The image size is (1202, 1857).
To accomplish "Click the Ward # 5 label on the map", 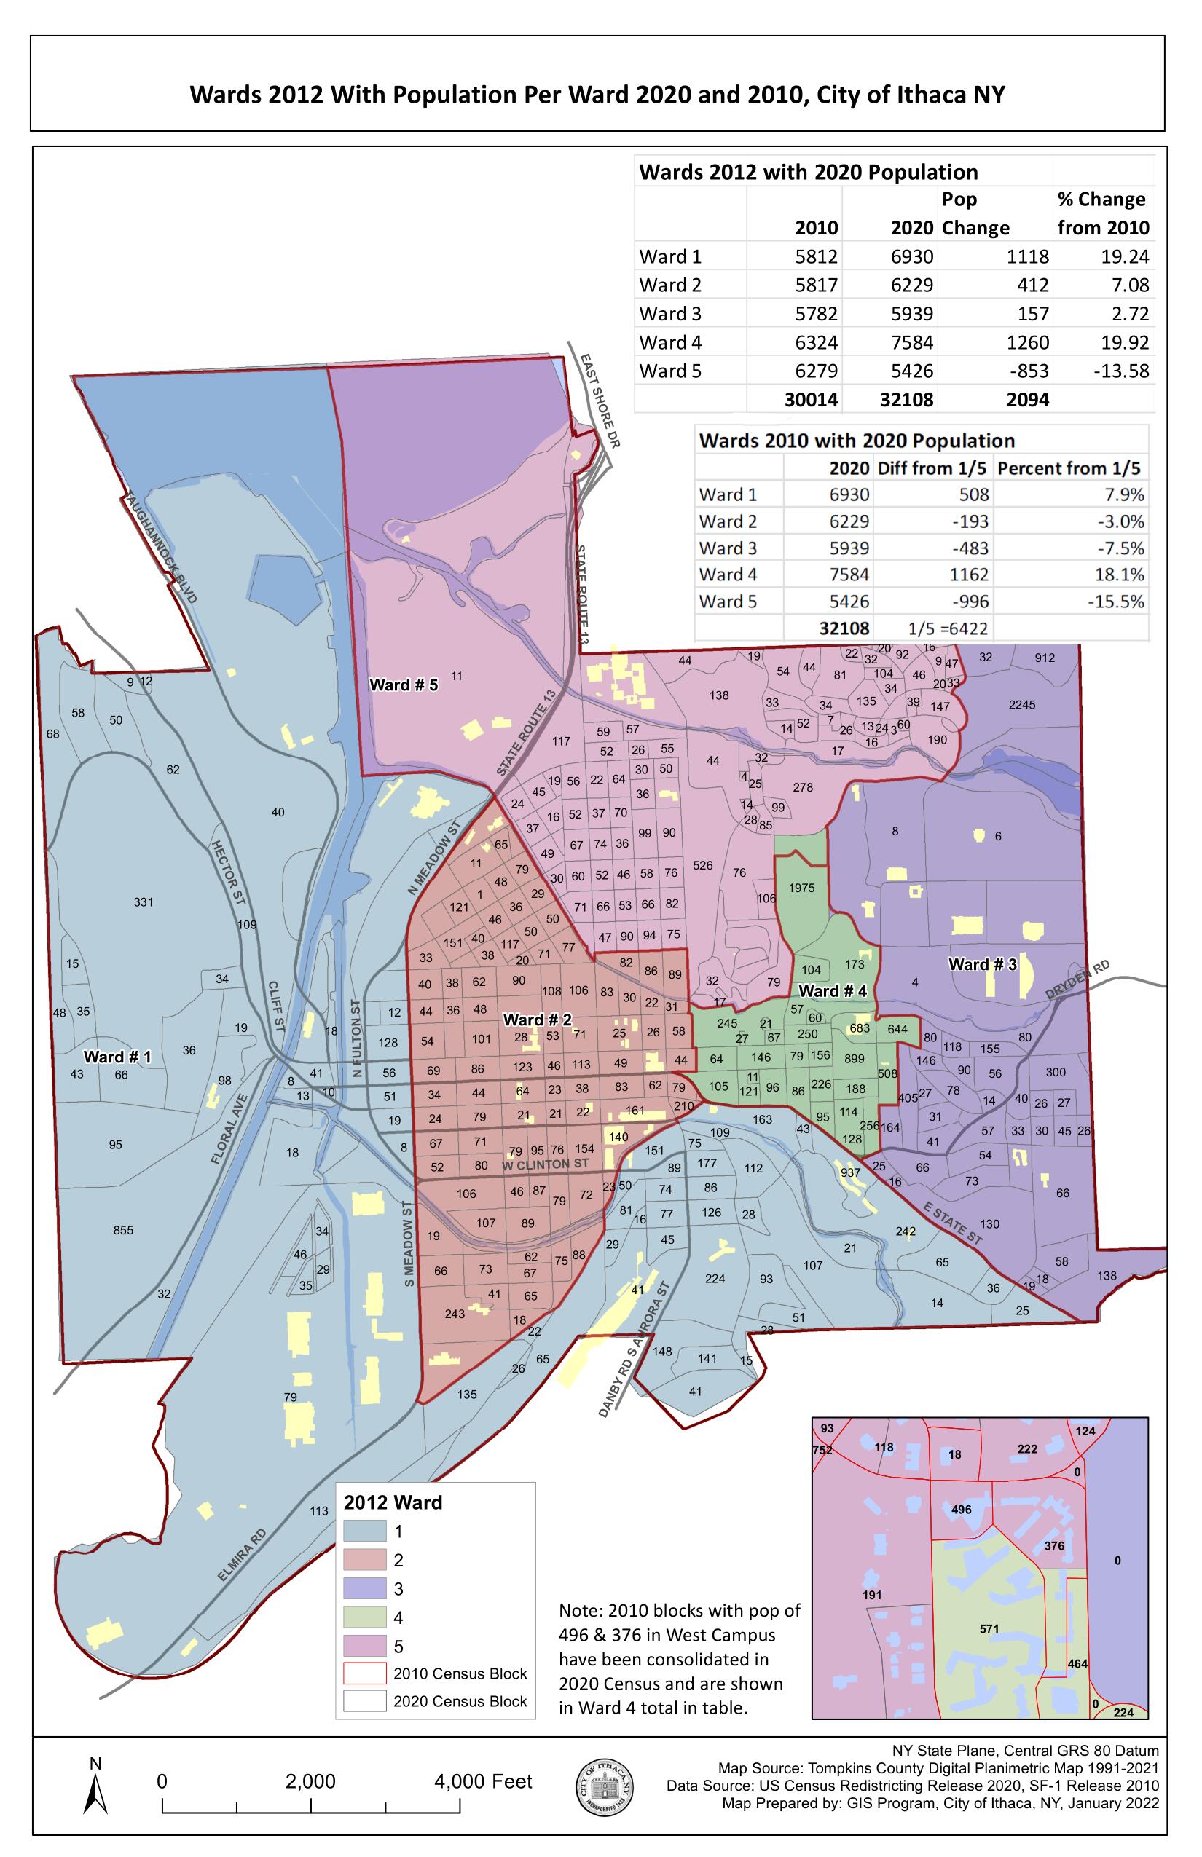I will point(403,685).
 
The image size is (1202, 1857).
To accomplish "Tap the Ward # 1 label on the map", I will point(117,1057).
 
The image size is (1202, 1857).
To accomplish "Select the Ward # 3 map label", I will point(982,964).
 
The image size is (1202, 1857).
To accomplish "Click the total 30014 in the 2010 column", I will point(810,401).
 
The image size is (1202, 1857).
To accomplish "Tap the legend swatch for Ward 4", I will point(364,1617).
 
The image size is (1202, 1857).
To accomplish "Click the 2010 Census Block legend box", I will point(364,1673).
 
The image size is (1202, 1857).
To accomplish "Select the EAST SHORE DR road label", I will point(599,401).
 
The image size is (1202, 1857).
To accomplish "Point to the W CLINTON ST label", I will point(546,1164).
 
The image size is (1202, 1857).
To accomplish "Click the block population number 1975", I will point(801,888).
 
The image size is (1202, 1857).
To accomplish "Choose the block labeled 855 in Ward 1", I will point(123,1231).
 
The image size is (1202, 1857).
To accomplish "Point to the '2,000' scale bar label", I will point(310,1781).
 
